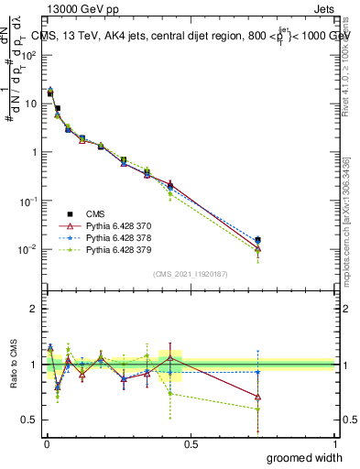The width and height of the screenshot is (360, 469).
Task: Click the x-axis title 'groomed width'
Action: [x=305, y=457]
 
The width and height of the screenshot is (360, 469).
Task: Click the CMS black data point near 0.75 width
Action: [x=257, y=240]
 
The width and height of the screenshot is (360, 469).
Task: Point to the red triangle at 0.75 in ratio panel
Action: [x=257, y=397]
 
